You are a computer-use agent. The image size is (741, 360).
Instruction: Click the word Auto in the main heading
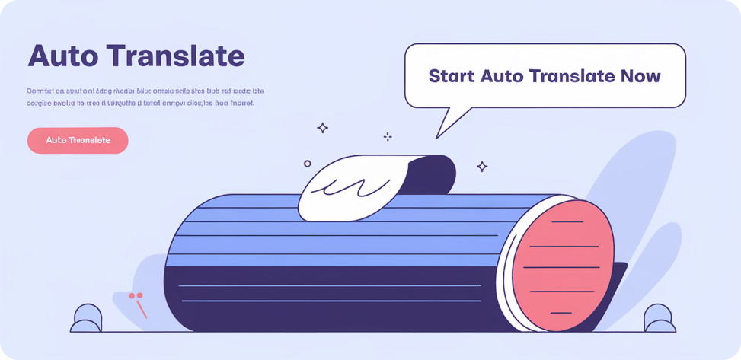[62, 56]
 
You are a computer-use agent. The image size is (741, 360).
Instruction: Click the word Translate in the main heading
[176, 56]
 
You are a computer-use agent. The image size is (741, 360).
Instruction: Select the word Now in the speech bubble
[640, 76]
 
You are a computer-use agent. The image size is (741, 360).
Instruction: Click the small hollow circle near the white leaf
[308, 163]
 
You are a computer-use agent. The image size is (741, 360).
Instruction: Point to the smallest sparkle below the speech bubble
[388, 136]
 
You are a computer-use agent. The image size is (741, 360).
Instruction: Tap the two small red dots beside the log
[136, 295]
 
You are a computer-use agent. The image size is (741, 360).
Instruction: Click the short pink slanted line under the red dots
[142, 310]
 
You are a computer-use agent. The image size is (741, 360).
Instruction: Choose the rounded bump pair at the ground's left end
[88, 318]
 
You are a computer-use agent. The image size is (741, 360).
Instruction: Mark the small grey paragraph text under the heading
[145, 96]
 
